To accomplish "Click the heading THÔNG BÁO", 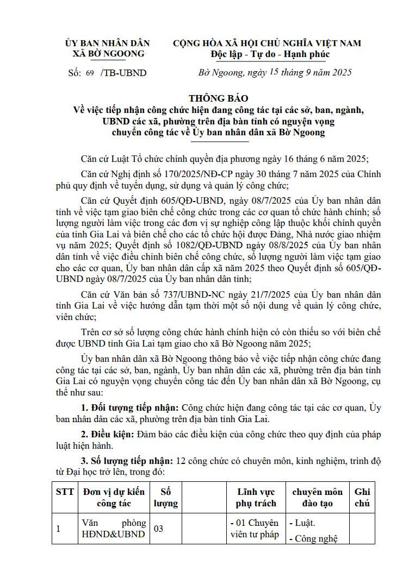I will [x=218, y=98].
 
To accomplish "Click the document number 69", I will [x=90, y=73].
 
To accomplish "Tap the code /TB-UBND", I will [x=123, y=73].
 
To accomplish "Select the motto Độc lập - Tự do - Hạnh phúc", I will [x=270, y=54].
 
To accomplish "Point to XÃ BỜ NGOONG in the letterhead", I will [x=109, y=54].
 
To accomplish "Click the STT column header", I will [x=65, y=492].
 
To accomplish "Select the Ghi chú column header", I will [x=362, y=497].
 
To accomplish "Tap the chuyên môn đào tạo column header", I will [x=318, y=497].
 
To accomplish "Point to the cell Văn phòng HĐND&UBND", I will [x=114, y=528].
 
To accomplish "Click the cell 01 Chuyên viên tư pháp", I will [x=255, y=528].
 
